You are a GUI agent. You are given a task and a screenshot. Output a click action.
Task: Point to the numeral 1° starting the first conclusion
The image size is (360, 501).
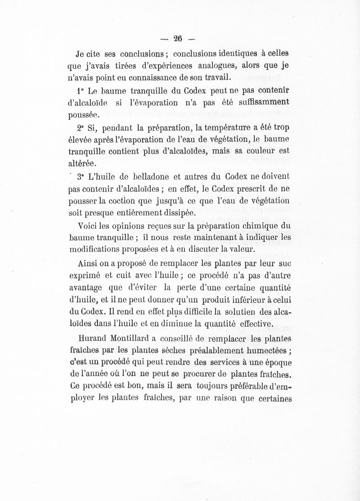[81, 90]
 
